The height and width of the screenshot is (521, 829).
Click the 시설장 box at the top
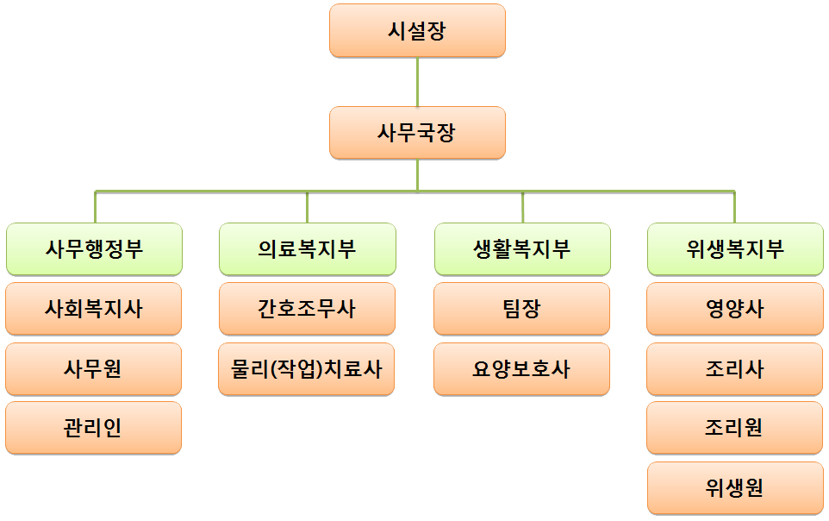[x=417, y=31]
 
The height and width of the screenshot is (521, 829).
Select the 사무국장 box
[x=417, y=133]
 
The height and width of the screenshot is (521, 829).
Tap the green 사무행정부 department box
[x=94, y=249]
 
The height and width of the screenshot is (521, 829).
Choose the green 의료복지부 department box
[x=308, y=249]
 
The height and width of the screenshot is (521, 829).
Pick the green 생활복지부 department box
[x=522, y=249]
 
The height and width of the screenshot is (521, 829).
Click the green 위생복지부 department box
[x=735, y=249]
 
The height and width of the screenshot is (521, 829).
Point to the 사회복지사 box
[x=94, y=309]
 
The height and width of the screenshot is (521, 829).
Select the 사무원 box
[x=94, y=369]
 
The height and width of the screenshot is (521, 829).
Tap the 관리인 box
[x=94, y=428]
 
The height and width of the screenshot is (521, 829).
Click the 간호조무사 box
[x=308, y=309]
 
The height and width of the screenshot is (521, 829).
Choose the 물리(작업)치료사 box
[x=308, y=369]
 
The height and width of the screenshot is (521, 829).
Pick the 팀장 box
[x=522, y=309]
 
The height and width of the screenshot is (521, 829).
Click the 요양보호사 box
[x=522, y=369]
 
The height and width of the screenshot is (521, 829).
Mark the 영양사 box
[x=735, y=309]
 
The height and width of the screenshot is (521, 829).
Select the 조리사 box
[x=735, y=369]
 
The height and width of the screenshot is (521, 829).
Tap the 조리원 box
[x=735, y=428]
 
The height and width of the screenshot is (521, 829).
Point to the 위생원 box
[x=735, y=488]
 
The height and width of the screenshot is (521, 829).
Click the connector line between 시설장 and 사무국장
[x=417, y=82]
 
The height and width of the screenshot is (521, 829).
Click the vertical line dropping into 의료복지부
[x=308, y=207]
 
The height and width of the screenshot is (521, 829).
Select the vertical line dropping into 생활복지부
[x=522, y=207]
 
